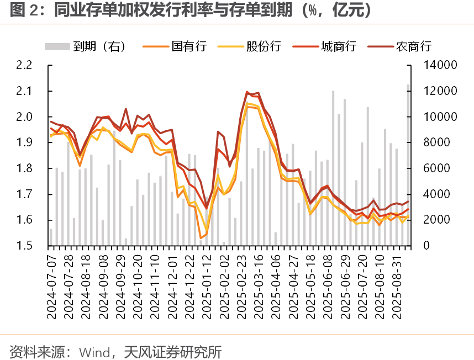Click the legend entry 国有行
[188, 46]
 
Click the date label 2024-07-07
[51, 282]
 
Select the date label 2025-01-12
[207, 282]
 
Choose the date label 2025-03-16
[259, 282]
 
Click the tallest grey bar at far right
[408, 166]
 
